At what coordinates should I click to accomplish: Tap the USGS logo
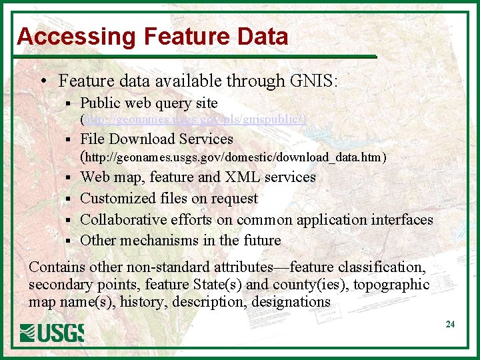click(52, 331)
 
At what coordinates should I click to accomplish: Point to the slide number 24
click(450, 325)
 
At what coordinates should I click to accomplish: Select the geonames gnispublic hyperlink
click(193, 120)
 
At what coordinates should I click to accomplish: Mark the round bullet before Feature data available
click(43, 82)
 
